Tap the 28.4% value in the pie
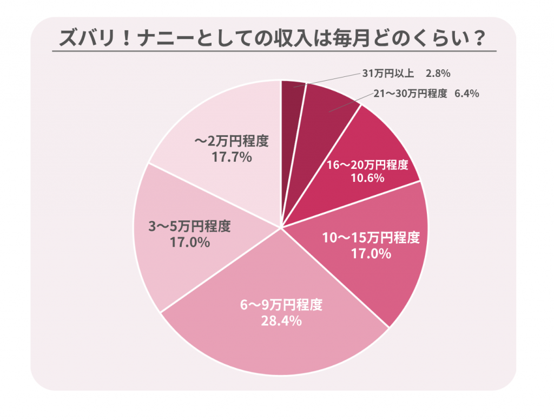(281, 321)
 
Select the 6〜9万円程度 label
(281, 305)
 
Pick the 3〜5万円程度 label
(189, 227)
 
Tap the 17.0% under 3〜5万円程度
(189, 242)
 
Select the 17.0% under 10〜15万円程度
(371, 253)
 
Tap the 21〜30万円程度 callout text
(411, 94)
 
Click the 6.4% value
(466, 94)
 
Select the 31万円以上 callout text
(387, 72)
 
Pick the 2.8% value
(438, 72)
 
